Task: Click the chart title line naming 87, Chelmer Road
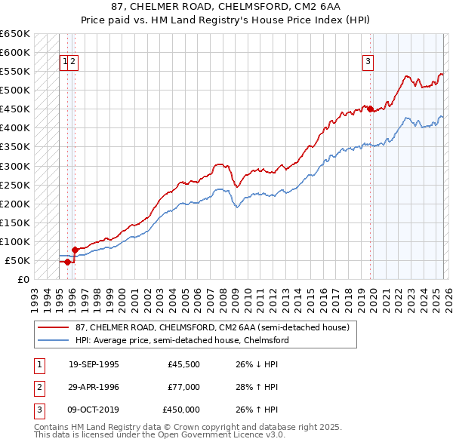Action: pos(226,7)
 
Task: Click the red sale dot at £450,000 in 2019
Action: pos(371,109)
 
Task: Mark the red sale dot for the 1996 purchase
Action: pos(75,250)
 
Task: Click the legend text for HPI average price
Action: pos(182,341)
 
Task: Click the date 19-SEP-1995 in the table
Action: pos(94,364)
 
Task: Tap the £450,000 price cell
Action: pos(181,410)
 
